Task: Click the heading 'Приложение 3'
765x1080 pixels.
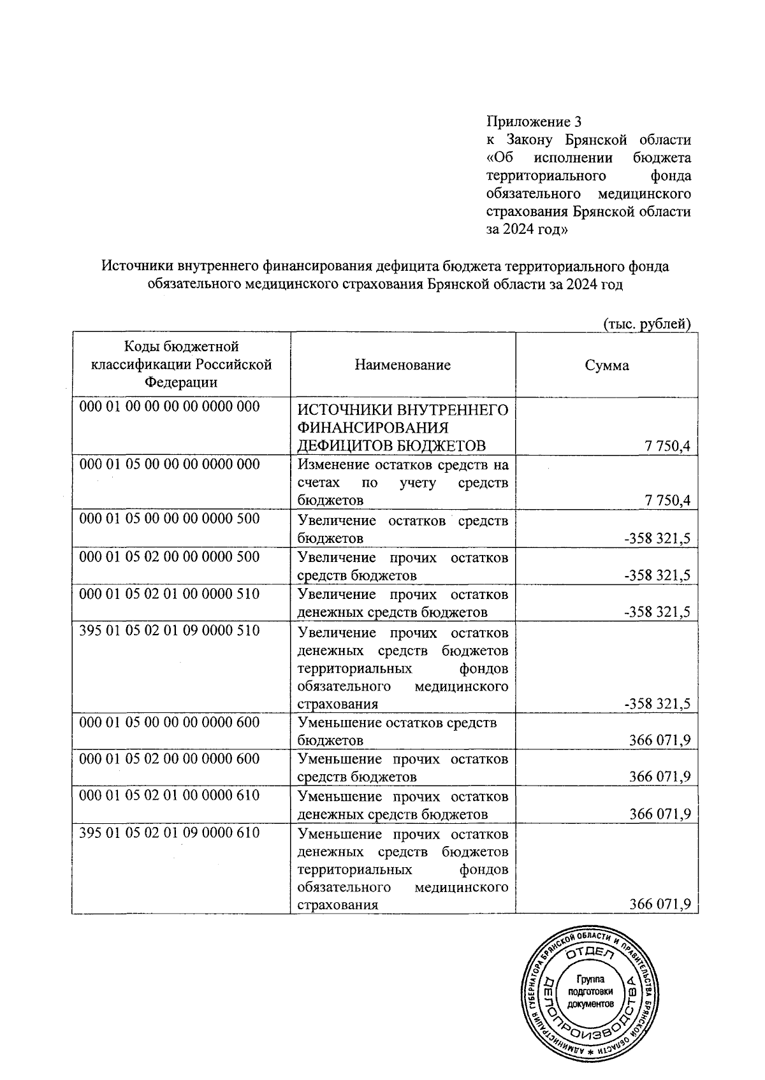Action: (534, 121)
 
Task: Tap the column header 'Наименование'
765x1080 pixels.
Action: (402, 365)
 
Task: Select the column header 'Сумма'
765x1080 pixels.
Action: (607, 365)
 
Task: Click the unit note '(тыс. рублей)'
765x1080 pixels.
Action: (646, 324)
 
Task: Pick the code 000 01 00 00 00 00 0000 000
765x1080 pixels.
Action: (170, 407)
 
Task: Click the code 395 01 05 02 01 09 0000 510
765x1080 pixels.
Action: (170, 631)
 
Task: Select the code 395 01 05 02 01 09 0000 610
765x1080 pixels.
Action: (170, 832)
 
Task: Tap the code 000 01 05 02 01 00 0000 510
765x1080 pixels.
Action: (170, 594)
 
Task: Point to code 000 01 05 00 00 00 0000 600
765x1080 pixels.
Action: (170, 722)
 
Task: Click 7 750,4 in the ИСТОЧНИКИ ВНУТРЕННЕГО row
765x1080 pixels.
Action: (667, 446)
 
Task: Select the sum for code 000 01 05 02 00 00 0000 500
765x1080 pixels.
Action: (657, 575)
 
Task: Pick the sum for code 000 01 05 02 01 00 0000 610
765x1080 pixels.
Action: (660, 814)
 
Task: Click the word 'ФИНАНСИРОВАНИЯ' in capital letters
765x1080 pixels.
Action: (373, 427)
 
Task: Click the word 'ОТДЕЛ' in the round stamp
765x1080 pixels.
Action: (590, 953)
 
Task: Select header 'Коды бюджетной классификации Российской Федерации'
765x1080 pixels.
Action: (181, 364)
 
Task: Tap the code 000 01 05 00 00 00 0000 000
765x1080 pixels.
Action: (170, 464)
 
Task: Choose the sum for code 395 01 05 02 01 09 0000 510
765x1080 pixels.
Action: (657, 704)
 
